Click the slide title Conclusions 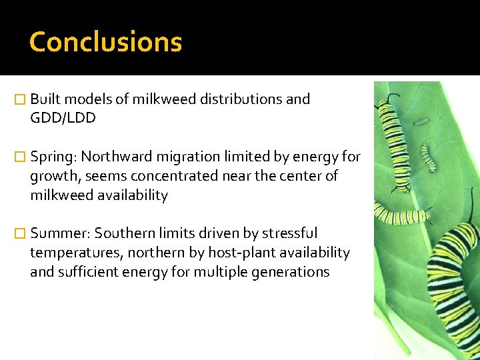click(105, 42)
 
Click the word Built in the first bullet click(45, 99)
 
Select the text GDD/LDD click(63, 118)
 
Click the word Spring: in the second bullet click(53, 157)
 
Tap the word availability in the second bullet click(132, 195)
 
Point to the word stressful click(289, 233)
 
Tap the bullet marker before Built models click(21, 100)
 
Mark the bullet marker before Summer click(21, 234)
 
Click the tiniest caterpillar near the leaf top click(421, 121)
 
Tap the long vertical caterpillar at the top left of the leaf click(390, 143)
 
